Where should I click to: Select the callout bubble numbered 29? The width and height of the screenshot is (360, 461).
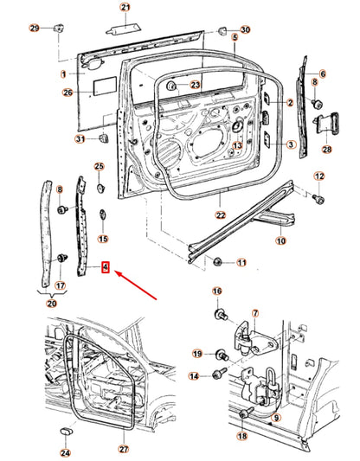pos(35,29)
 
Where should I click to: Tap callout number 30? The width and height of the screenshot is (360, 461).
pos(244,29)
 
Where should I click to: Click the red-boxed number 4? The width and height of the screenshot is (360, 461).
pos(105,268)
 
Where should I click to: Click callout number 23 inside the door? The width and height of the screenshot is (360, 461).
pos(195,85)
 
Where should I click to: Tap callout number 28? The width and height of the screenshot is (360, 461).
pos(326,150)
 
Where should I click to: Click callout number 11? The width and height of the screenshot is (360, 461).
pos(241,262)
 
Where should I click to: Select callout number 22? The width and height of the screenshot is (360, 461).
pos(221,215)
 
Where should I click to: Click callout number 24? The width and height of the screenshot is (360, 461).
pos(64,451)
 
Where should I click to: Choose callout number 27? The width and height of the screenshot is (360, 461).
pos(123,450)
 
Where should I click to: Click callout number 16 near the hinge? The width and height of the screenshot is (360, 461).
pos(216,291)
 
